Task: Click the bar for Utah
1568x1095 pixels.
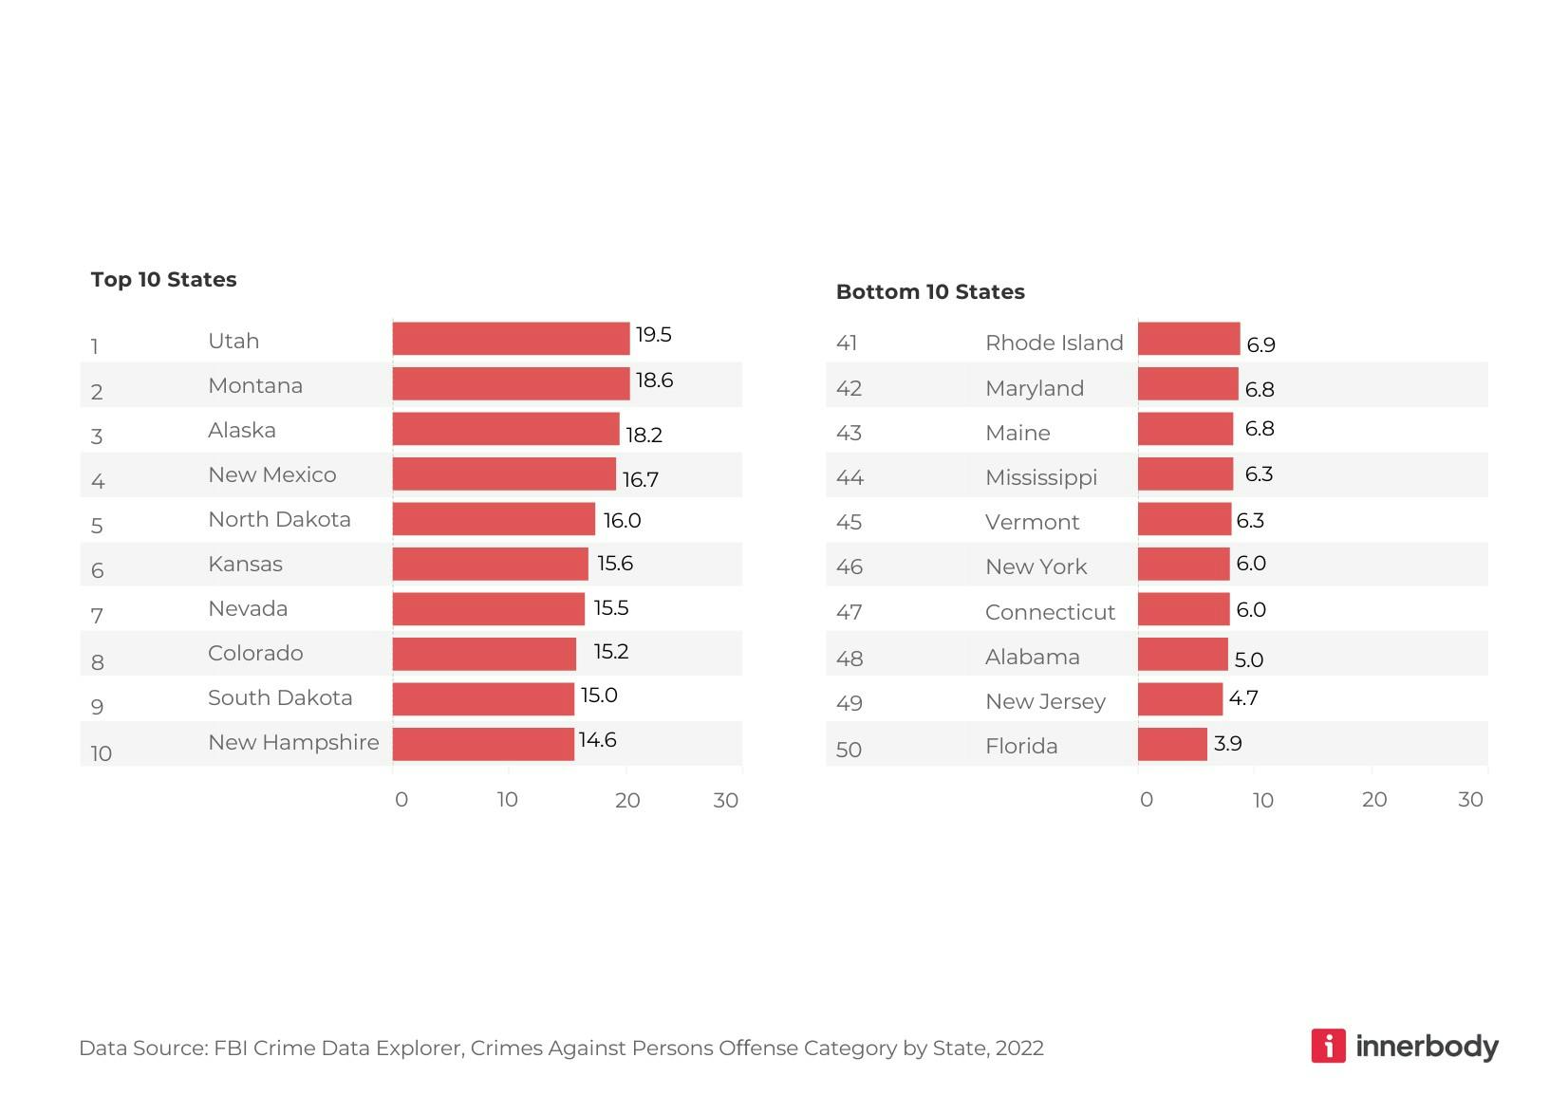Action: [511, 339]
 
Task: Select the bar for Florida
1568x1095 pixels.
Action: [1172, 745]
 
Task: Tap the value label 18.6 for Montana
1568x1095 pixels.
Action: [654, 380]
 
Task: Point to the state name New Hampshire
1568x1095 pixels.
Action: [293, 742]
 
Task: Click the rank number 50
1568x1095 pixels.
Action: [849, 750]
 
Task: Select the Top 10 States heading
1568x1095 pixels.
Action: [163, 279]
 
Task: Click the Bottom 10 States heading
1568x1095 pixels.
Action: [930, 291]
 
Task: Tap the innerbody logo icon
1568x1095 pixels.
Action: [1328, 1046]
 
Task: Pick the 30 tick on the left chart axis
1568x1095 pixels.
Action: [725, 800]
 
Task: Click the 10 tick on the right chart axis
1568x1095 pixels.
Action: [1262, 800]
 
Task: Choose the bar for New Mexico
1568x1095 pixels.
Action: [504, 474]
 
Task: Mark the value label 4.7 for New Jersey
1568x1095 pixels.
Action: [1243, 698]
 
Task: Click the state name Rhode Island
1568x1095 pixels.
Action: [1054, 343]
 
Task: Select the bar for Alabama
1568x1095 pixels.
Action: [1183, 655]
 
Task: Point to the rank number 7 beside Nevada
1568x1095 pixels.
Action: [97, 616]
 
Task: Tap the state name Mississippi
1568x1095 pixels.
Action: [1040, 477]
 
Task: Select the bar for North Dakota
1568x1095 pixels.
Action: [494, 519]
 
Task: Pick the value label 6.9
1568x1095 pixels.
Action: [1260, 344]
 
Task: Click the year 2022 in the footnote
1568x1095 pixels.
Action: [1018, 1048]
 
